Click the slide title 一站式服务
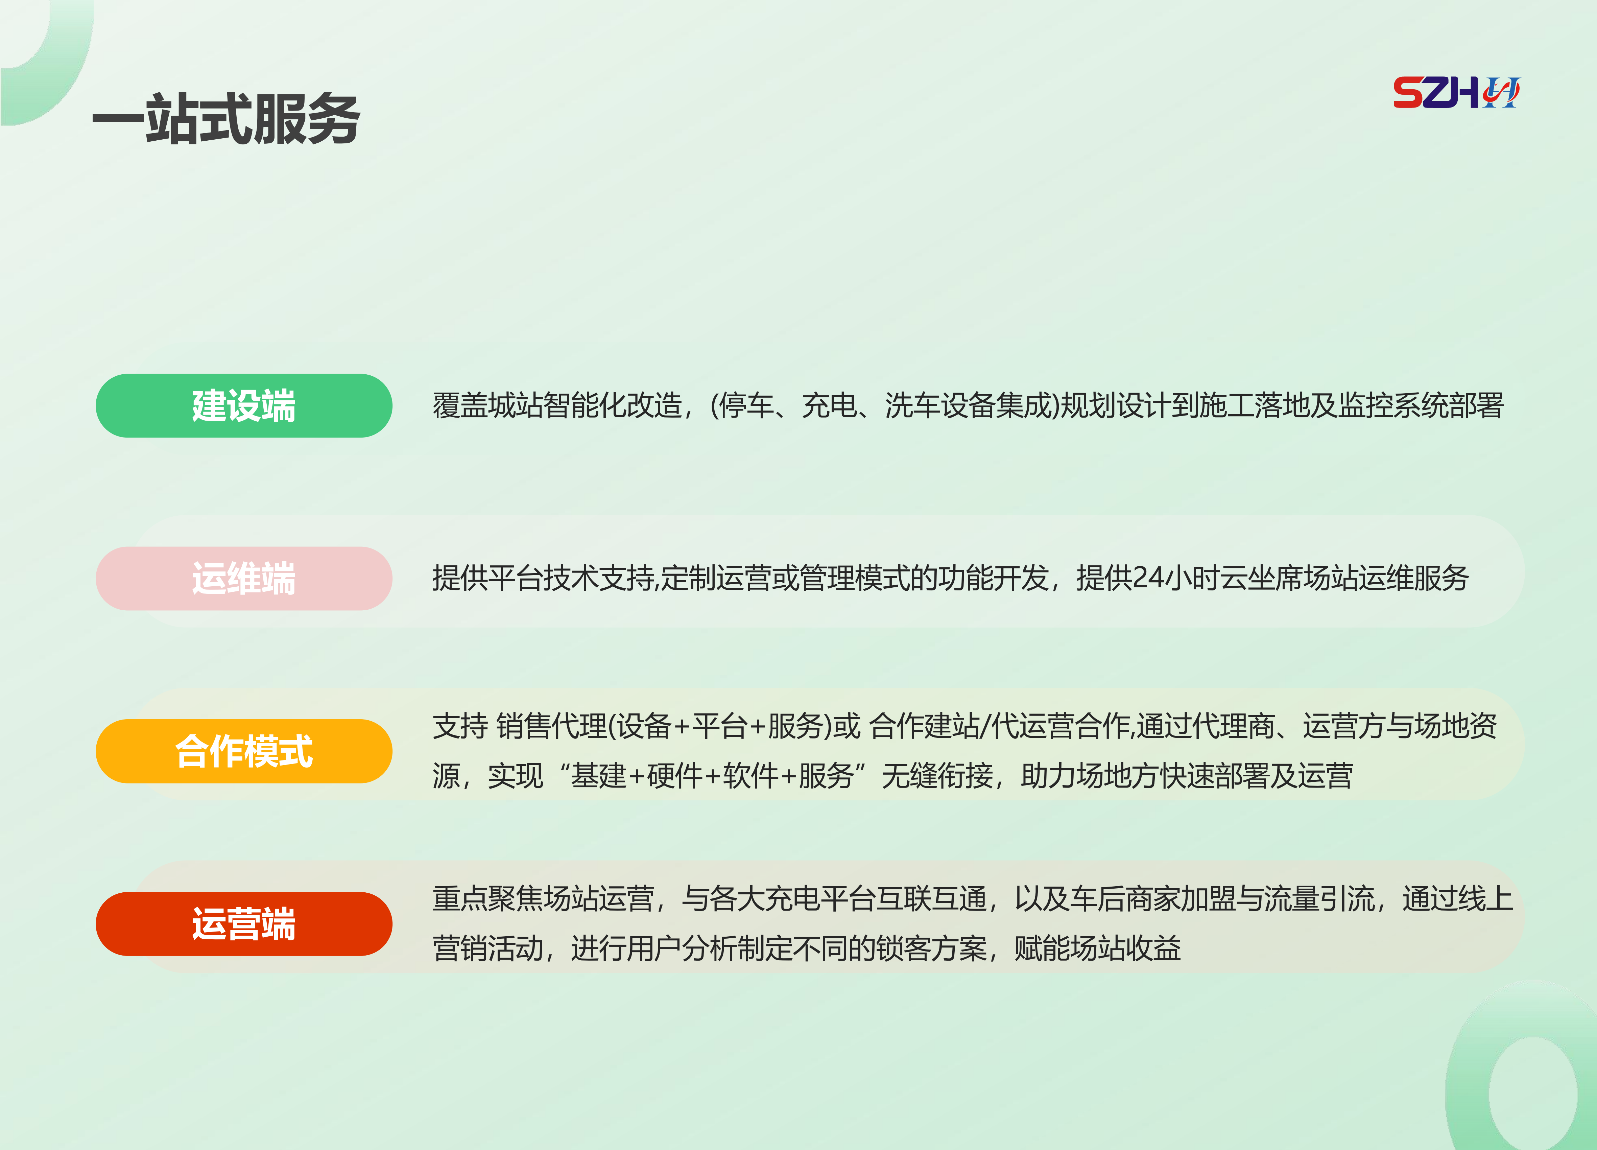click(226, 118)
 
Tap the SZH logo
click(1456, 92)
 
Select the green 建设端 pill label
click(244, 406)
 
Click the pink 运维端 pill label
click(244, 578)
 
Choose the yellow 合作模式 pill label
click(244, 751)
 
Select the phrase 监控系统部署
click(1421, 406)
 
